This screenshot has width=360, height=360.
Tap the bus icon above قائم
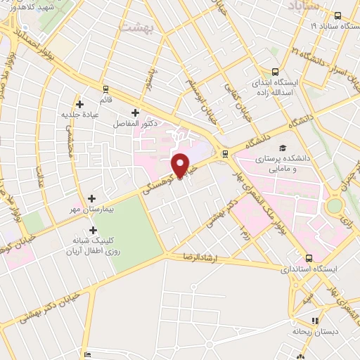click(106, 89)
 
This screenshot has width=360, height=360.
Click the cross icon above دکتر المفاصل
click(135, 112)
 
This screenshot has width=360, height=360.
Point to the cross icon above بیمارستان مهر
click(92, 199)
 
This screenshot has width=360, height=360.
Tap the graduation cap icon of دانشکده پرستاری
click(282, 148)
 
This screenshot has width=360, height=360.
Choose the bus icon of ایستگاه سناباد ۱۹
click(337, 15)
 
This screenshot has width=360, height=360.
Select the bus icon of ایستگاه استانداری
click(310, 258)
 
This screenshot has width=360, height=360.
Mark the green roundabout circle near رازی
click(335, 205)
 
